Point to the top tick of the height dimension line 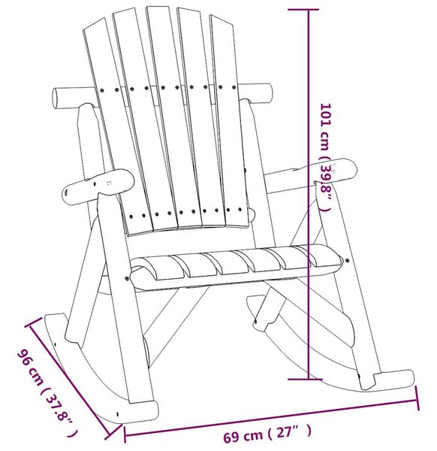click(x=303, y=10)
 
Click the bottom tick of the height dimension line click(x=305, y=379)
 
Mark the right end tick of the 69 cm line click(x=417, y=398)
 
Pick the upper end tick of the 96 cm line click(x=33, y=322)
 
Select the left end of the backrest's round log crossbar click(x=55, y=98)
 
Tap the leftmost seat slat click(x=157, y=268)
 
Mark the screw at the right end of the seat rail click(x=347, y=261)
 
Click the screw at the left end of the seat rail click(x=127, y=278)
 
